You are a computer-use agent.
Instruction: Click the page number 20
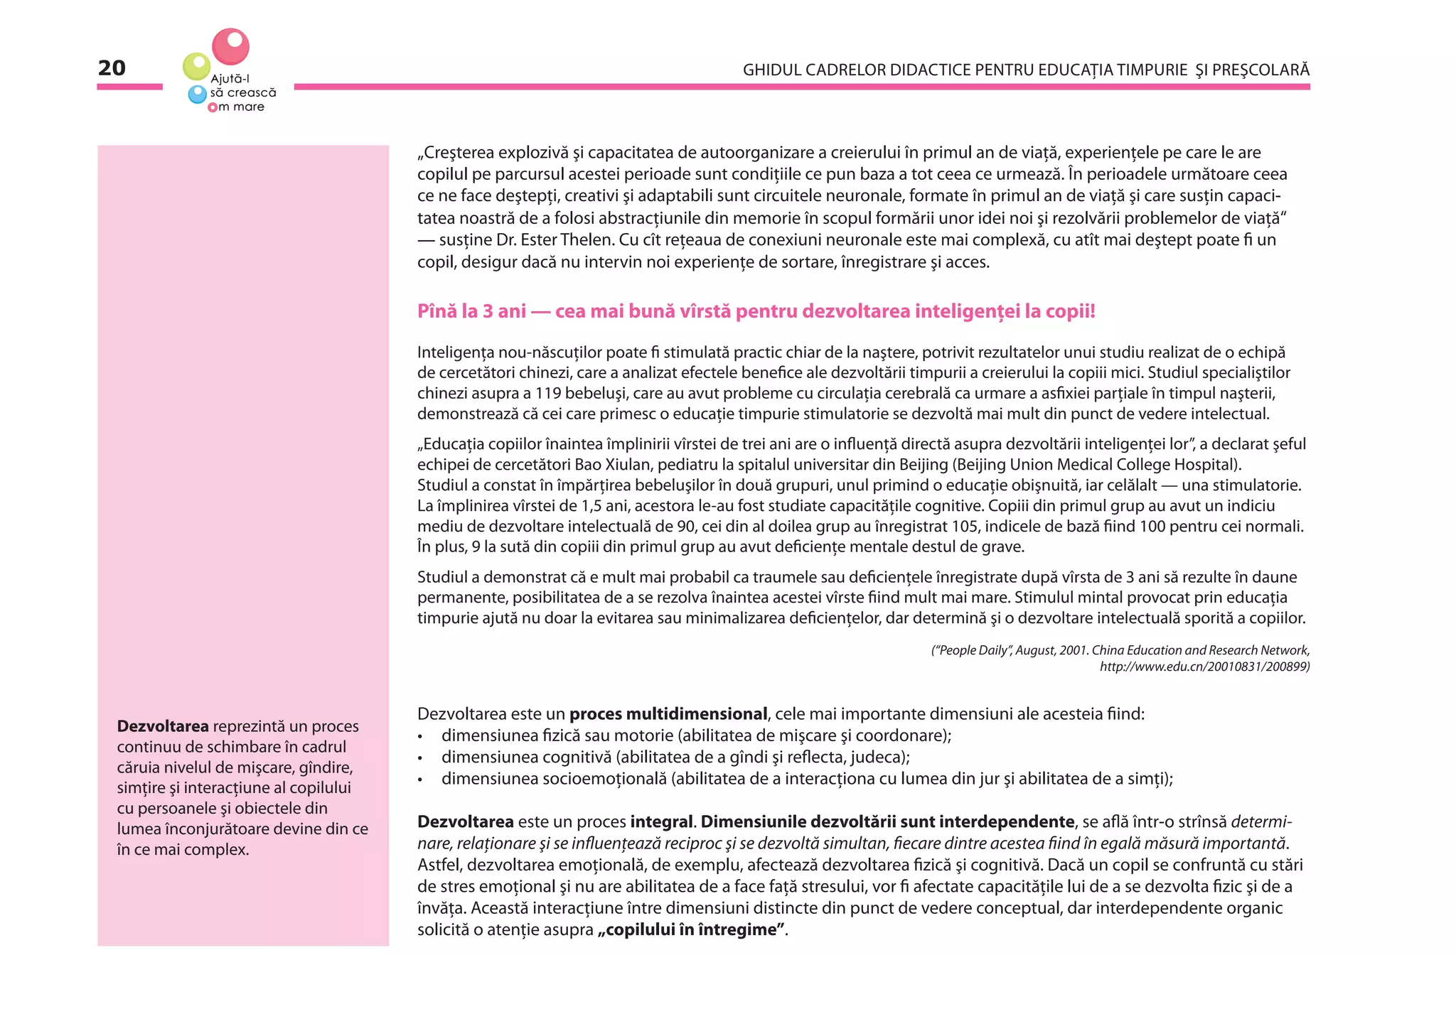tap(112, 68)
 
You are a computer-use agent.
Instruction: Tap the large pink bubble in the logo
tap(230, 46)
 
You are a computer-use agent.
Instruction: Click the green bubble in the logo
tap(196, 67)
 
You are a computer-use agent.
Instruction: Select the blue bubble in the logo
tap(197, 94)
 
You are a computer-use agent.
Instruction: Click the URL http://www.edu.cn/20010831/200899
tap(1204, 667)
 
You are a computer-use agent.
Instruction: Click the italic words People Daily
tap(972, 650)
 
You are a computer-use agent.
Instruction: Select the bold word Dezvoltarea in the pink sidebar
tap(163, 727)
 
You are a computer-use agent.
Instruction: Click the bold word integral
tap(660, 822)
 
